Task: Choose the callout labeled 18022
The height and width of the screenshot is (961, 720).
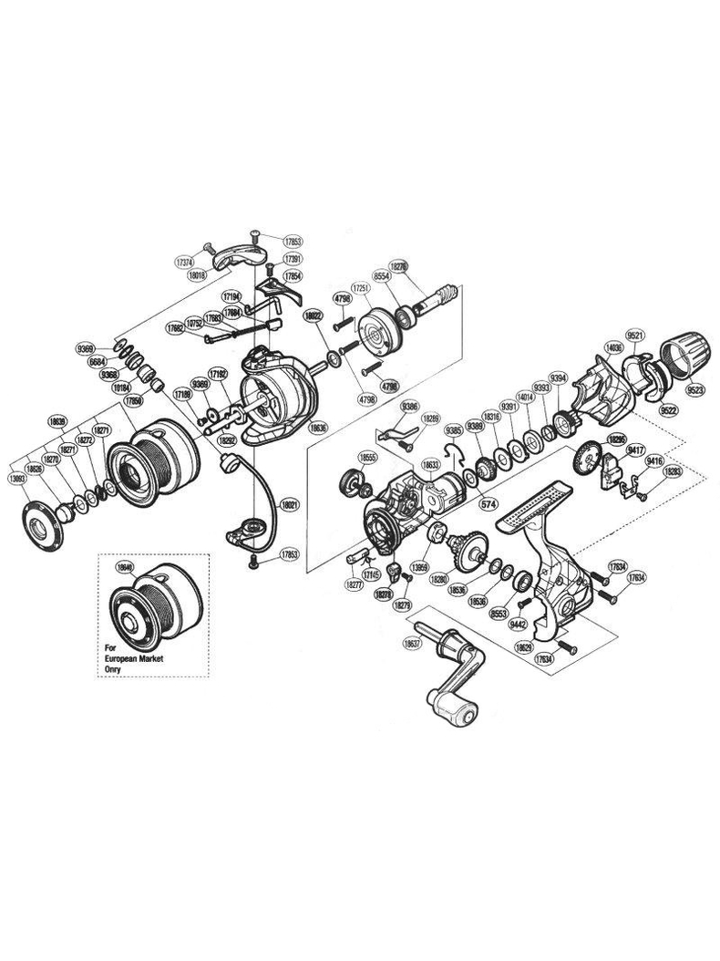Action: point(314,314)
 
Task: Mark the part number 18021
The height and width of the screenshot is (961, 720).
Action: point(290,502)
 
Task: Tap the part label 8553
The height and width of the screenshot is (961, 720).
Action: point(499,615)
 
